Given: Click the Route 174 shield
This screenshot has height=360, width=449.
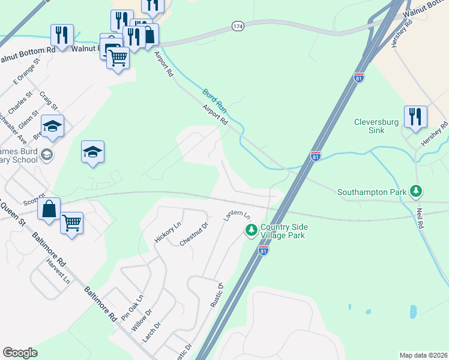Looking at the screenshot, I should [238, 26].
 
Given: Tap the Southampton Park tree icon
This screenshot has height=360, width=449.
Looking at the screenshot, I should [415, 192].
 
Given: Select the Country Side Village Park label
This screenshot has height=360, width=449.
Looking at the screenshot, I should [282, 232].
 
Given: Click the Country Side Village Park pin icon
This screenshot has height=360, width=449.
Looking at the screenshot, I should [251, 229].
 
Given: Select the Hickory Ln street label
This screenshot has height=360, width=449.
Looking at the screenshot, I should [167, 232].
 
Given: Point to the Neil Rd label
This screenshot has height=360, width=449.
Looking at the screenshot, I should [420, 218].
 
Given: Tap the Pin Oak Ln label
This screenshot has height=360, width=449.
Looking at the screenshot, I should [133, 307].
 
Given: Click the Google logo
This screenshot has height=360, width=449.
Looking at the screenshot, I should [20, 353].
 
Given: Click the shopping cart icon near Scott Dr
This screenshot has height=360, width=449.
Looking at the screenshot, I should [71, 223].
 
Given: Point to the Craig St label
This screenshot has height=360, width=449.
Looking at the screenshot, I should [48, 101].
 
